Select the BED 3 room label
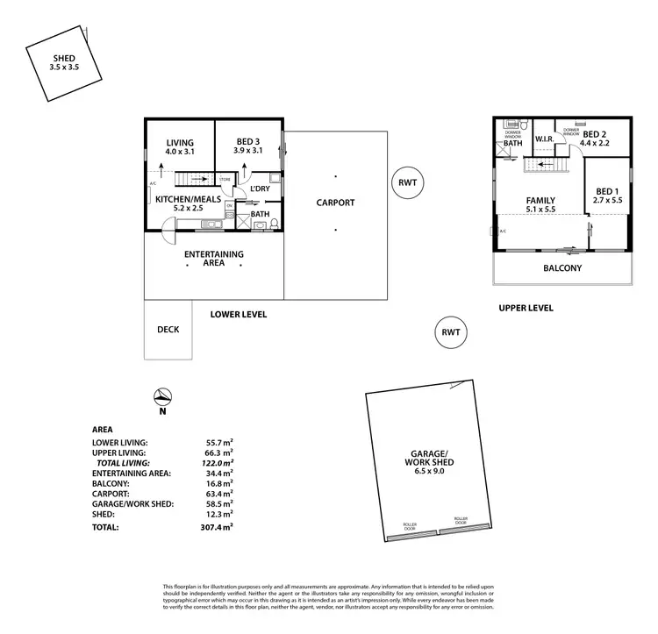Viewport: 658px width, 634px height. (249, 147)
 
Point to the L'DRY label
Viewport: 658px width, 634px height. (260, 189)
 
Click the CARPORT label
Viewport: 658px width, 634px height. (335, 203)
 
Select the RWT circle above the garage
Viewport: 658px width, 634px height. (451, 332)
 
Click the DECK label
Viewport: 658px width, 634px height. (168, 330)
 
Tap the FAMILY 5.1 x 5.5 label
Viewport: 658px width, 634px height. (540, 204)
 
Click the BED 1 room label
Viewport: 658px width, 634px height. (607, 196)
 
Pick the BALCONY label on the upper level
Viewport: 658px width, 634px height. (562, 268)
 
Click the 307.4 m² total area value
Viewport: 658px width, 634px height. (217, 527)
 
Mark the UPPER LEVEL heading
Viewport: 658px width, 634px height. (526, 309)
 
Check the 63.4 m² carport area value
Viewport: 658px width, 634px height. (218, 494)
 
